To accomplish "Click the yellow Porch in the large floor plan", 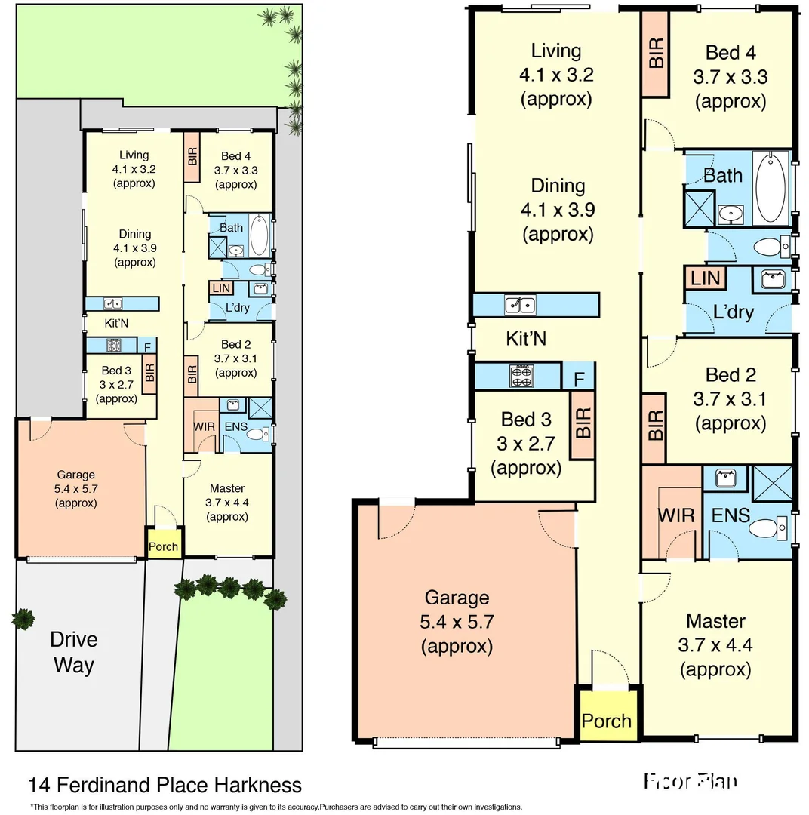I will tap(606, 720).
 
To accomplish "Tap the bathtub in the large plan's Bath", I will tap(771, 189).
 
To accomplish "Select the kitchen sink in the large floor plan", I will tap(520, 305).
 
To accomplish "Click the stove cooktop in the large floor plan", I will tap(521, 375).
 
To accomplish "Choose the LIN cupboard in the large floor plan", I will tap(704, 278).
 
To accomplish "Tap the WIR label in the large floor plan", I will tap(675, 515).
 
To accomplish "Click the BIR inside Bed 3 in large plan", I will tap(583, 424).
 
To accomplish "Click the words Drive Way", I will tap(73, 652).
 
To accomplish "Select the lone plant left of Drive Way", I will tap(23, 619).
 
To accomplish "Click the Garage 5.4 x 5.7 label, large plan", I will tap(457, 622).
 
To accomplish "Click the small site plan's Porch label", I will tap(164, 547).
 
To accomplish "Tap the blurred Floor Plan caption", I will tap(690, 781).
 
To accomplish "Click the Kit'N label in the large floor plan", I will tap(526, 339).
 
